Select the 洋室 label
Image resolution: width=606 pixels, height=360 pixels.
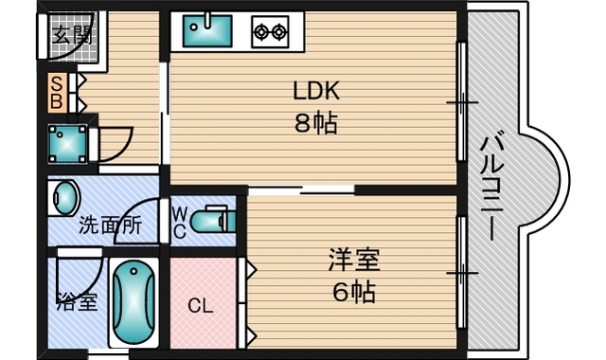[x=348, y=258]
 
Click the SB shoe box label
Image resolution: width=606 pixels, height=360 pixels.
[x=57, y=89]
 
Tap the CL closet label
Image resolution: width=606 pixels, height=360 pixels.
[x=199, y=306]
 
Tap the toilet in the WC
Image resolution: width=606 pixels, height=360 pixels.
[x=209, y=221]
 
